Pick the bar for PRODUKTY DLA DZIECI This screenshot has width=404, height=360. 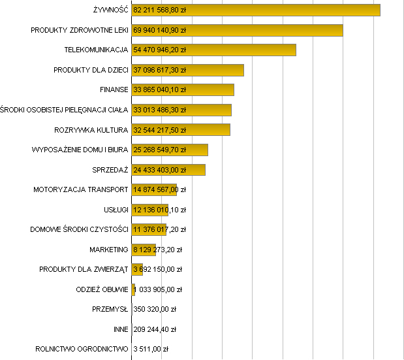tap(215, 70)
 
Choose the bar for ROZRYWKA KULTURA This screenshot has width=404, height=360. tap(209, 130)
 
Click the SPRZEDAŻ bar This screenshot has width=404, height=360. tap(196, 170)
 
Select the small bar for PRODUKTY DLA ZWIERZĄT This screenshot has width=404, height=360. tap(137, 269)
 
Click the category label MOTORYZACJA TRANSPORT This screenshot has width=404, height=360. tap(81, 190)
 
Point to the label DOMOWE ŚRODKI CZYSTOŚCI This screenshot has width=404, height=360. tap(79, 229)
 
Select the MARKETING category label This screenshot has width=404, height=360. tap(109, 250)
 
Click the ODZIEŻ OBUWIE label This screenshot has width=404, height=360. tap(102, 289)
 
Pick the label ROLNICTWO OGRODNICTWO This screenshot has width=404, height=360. tap(82, 349)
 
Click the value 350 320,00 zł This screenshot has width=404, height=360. tap(155, 309)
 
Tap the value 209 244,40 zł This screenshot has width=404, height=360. tap(155, 329)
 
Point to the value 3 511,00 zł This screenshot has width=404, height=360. tap(151, 349)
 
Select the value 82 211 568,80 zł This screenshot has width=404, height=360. tap(159, 10)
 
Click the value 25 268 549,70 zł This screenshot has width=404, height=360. tap(159, 150)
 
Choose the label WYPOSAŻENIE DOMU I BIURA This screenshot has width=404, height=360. tap(80, 150)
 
